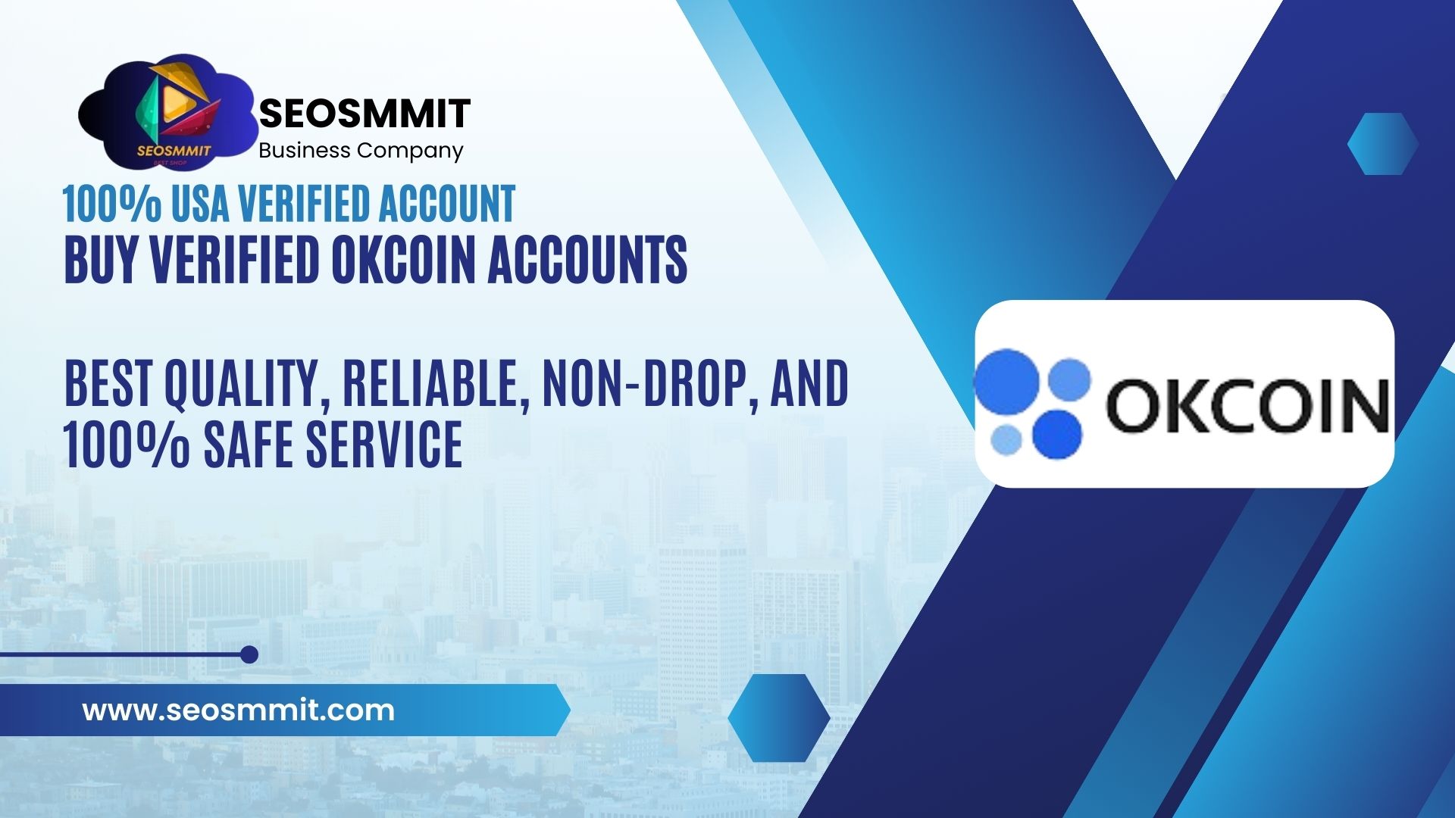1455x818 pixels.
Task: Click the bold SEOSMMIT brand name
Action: (365, 114)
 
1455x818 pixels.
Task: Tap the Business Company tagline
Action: (361, 151)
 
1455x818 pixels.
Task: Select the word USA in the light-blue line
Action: (199, 204)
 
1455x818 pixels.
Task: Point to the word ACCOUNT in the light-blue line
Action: (447, 204)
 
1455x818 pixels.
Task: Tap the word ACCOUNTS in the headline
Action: (587, 260)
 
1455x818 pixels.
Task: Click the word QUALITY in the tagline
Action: (241, 384)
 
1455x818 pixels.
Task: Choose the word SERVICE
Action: (383, 445)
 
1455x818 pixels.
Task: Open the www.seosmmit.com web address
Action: (238, 710)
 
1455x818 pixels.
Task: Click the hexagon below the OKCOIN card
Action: (778, 717)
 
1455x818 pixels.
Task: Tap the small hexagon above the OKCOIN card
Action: (1382, 144)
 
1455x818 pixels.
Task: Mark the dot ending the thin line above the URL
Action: (249, 654)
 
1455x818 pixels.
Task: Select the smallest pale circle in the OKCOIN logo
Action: (1006, 439)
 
